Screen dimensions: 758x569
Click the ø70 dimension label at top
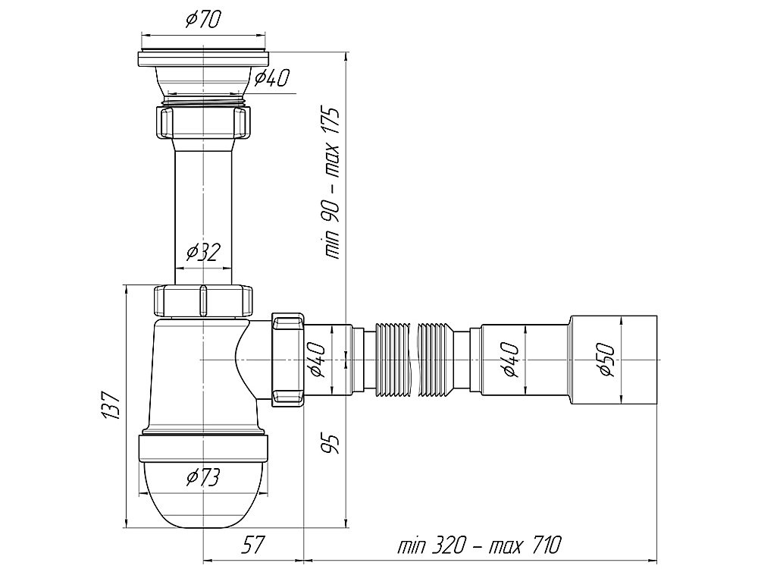(x=202, y=20)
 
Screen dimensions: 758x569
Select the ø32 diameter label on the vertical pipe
(x=203, y=252)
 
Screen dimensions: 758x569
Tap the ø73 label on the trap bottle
(x=203, y=477)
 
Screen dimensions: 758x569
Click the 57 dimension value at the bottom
(x=253, y=545)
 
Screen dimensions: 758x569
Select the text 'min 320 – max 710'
(x=479, y=545)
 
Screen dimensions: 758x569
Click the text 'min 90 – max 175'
(x=332, y=183)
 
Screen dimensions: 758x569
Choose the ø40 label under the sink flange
(x=271, y=77)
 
